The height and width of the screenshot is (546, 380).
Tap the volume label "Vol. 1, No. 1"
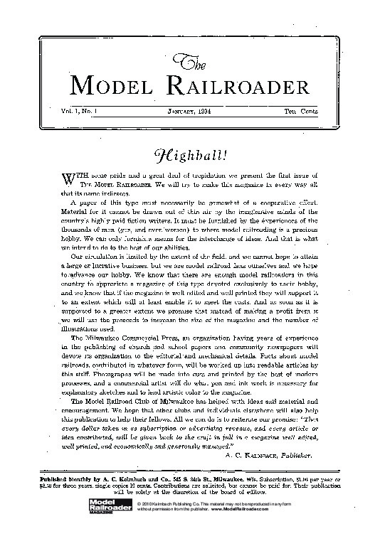tap(83, 111)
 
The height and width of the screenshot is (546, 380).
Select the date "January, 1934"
tap(192, 111)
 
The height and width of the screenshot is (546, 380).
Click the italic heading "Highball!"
tap(191, 154)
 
